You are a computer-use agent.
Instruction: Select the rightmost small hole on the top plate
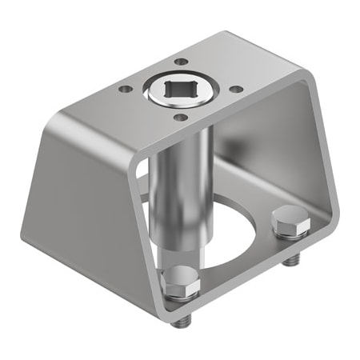coord(235,90)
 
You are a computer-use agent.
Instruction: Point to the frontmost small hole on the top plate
coord(181,118)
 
